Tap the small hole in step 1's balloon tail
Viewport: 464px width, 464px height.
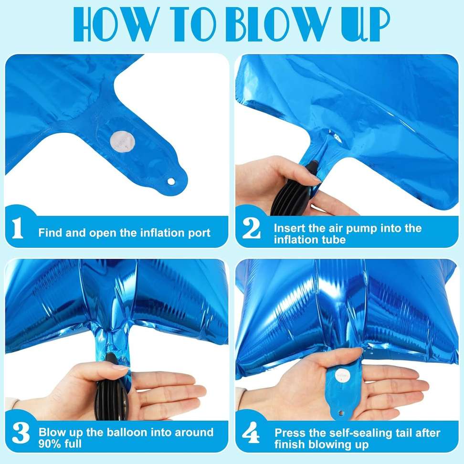170,182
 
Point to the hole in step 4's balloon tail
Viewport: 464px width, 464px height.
341,414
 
